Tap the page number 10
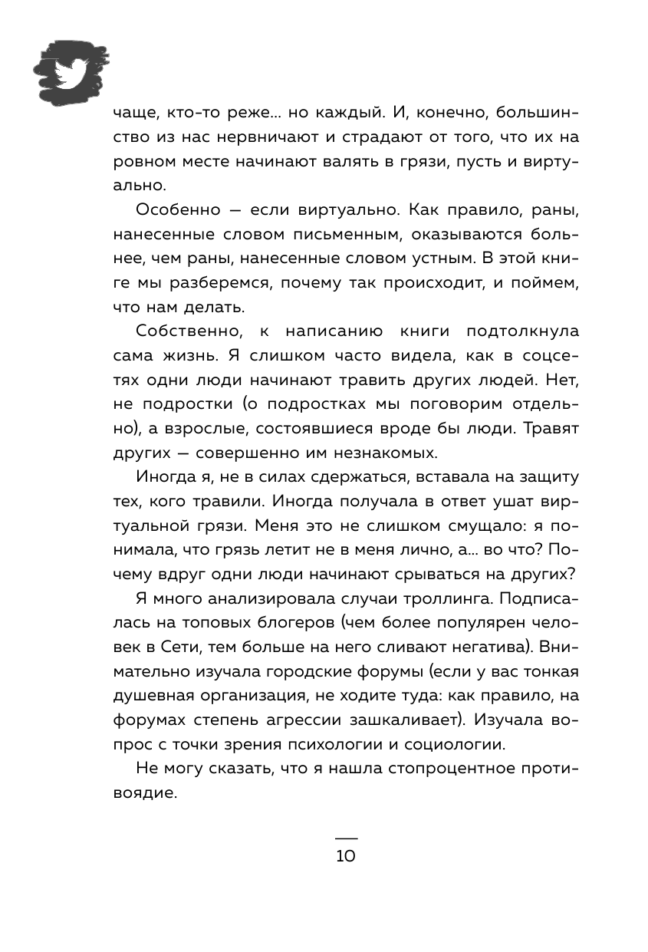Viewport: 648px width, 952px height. pos(346,856)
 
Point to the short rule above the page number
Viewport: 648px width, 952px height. pos(346,837)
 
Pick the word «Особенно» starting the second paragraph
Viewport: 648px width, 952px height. pos(171,210)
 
